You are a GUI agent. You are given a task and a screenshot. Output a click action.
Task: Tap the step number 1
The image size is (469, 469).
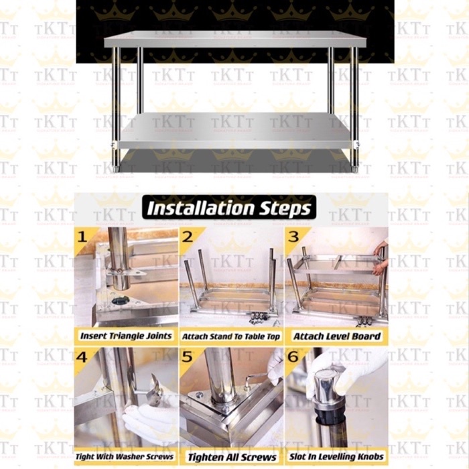click(x=82, y=237)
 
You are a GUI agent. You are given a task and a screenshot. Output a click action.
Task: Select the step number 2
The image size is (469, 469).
click(x=188, y=237)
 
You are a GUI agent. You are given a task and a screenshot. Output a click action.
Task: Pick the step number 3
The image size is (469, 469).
click(x=293, y=237)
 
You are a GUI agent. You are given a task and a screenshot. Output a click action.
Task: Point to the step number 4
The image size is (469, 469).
click(x=82, y=356)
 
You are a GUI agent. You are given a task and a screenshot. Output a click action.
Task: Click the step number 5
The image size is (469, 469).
click(x=188, y=356)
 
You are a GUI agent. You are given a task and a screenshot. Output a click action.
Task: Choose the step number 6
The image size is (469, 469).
click(x=293, y=356)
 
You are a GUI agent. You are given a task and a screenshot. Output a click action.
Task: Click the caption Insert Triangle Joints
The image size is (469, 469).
click(x=126, y=336)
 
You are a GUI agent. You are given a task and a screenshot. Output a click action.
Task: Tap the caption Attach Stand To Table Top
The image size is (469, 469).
click(x=230, y=336)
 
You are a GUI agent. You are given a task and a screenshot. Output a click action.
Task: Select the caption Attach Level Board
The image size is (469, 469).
click(x=336, y=336)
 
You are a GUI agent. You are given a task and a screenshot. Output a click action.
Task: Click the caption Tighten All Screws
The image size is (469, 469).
click(x=230, y=457)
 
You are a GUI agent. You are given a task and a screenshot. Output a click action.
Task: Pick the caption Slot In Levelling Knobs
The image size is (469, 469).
click(x=336, y=456)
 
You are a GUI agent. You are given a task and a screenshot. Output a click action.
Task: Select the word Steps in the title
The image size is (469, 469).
click(x=285, y=208)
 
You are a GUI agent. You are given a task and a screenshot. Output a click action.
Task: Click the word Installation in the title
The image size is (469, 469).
click(x=202, y=208)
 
